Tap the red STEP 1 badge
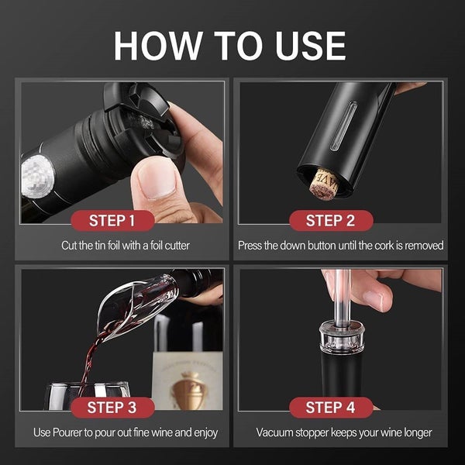122,220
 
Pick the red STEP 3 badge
122,407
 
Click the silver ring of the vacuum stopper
341,341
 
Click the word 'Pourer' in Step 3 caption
71,432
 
